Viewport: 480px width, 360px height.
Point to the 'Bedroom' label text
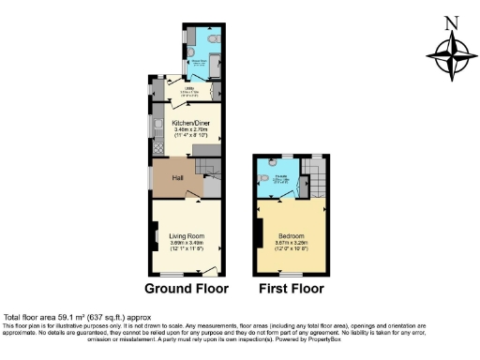289,236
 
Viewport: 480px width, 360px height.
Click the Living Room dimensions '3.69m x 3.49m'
187,244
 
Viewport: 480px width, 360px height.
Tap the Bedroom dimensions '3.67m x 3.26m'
289,244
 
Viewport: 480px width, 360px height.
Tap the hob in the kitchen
157,146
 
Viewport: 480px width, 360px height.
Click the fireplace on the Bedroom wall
257,232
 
